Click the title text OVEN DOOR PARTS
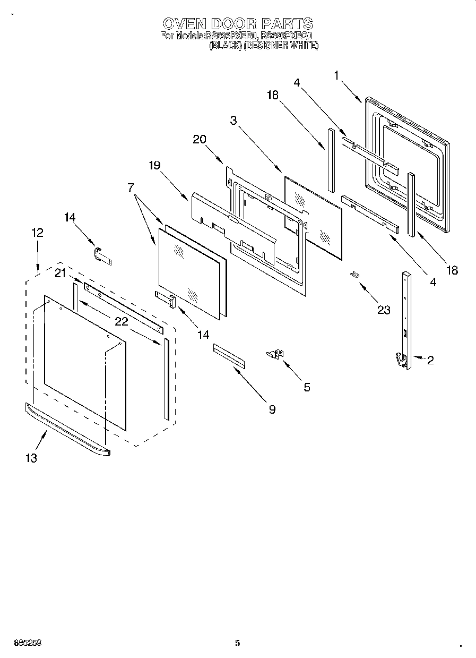(237, 23)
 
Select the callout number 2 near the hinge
(430, 361)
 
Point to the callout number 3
(233, 120)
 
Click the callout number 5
(307, 387)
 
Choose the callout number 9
(272, 409)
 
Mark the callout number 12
(37, 233)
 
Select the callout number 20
(199, 139)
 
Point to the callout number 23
(383, 310)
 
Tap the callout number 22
(121, 321)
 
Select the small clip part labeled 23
(354, 274)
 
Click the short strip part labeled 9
(229, 355)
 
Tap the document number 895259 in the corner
(23, 643)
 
